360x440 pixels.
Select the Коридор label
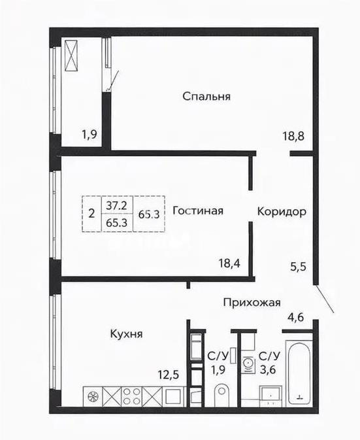tap(282, 212)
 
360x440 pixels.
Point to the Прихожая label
tap(252, 302)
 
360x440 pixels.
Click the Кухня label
tap(126, 333)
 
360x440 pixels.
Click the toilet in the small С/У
tap(221, 396)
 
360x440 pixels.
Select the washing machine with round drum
tap(247, 362)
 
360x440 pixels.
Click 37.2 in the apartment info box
tap(116, 205)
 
